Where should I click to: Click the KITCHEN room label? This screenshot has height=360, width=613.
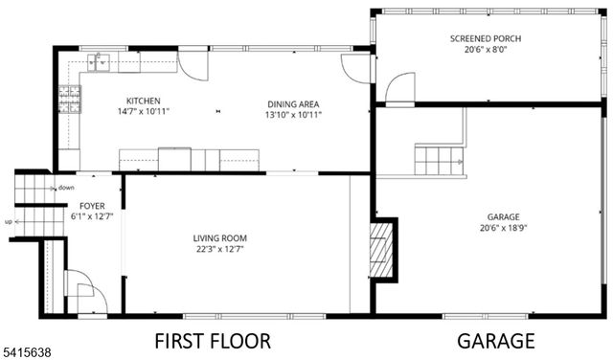[x=144, y=101]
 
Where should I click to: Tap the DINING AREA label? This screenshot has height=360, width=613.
[x=292, y=104]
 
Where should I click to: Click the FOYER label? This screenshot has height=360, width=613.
[x=92, y=206]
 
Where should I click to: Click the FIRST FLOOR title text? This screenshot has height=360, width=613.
[x=213, y=341]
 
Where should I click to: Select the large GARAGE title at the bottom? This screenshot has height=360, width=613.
[x=495, y=341]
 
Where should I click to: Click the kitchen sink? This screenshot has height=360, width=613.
[x=99, y=63]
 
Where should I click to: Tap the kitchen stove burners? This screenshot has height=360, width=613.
[x=69, y=99]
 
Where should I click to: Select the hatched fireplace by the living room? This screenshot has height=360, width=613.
[x=382, y=249]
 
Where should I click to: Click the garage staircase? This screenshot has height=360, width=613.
[x=440, y=159]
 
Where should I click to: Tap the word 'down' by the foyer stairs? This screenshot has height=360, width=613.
[x=66, y=188]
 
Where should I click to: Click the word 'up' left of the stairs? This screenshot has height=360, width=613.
[x=9, y=222]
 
